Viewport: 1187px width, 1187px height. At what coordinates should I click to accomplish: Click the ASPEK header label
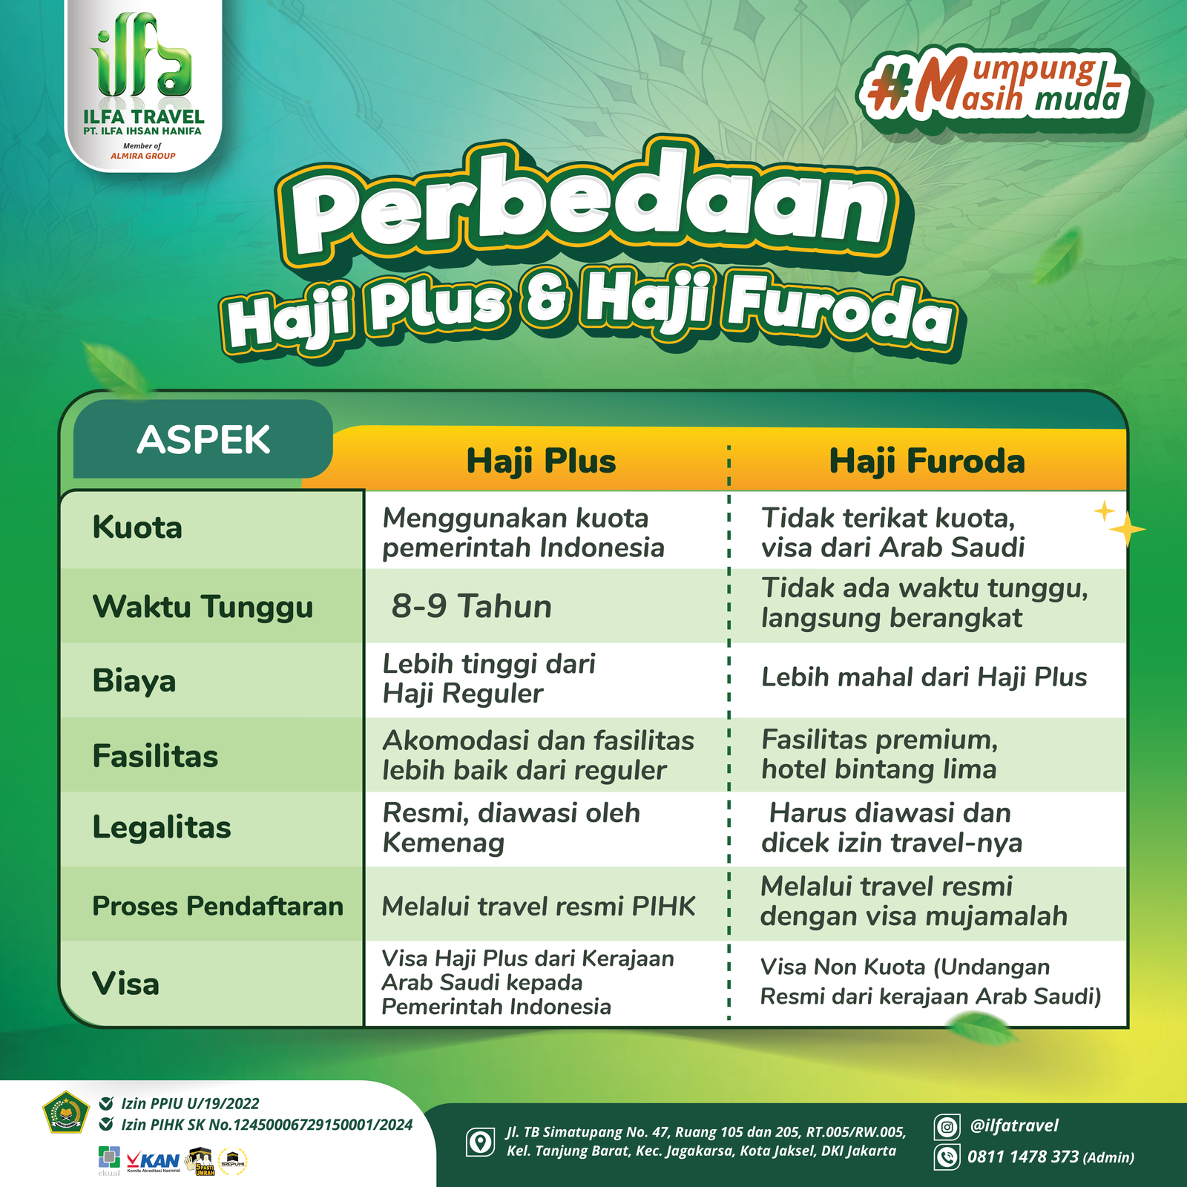[203, 440]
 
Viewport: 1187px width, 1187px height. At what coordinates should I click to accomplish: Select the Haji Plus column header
[542, 461]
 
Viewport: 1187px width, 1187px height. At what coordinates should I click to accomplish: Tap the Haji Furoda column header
[927, 461]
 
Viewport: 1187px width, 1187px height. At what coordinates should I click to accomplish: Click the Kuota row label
[137, 527]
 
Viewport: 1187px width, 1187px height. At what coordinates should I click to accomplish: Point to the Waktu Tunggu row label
[203, 607]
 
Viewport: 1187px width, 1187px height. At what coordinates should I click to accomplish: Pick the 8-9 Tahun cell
[472, 606]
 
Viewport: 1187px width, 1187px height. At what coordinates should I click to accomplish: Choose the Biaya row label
[134, 681]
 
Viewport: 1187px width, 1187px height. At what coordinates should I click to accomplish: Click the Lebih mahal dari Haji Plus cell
[924, 677]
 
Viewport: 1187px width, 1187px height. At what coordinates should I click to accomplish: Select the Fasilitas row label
[155, 756]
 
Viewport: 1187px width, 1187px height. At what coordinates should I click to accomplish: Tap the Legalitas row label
[162, 828]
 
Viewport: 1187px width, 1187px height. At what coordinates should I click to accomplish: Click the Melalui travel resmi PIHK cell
[539, 907]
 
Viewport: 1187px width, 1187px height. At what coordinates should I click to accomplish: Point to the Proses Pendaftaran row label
[218, 906]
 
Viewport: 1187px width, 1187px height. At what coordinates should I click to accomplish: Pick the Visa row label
[126, 984]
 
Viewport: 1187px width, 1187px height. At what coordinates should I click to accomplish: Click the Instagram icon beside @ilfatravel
[947, 1128]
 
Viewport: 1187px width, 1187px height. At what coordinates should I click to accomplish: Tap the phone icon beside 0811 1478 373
[947, 1157]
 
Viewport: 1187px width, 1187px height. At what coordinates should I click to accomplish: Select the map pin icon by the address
[480, 1142]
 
